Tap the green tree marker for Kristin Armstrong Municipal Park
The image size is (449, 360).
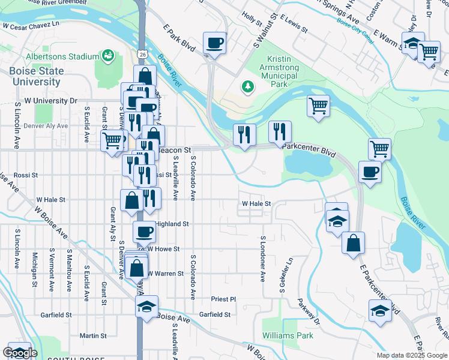pos(247,87)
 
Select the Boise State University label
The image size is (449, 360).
pos(35,76)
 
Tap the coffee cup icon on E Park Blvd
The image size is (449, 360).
pos(214,43)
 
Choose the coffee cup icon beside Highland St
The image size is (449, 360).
pos(143,231)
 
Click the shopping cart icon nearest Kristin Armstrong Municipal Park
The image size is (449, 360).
pos(318,106)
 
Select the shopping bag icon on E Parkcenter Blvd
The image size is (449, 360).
pos(354,242)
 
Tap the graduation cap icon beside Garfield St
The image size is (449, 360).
pos(146,306)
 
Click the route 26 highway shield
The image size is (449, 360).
pos(142,54)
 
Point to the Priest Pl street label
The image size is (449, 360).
pos(224,299)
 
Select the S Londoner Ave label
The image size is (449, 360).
pos(262,258)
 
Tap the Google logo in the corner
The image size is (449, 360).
pos(20,353)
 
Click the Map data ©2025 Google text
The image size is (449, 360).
pos(412,355)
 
